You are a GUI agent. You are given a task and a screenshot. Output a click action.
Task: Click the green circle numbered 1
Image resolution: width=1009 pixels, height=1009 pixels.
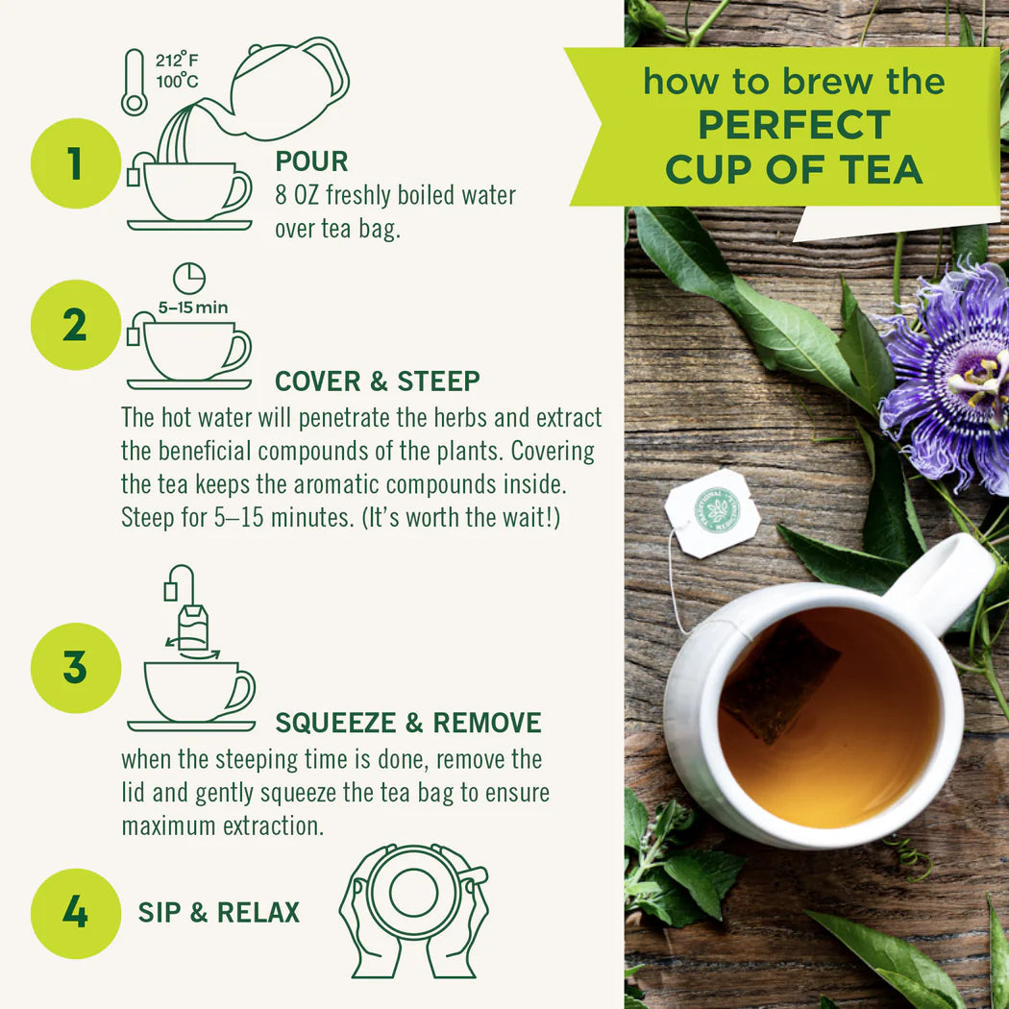[75, 163]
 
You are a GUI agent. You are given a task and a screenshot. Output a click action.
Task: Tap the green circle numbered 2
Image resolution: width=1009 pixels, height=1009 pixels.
[75, 325]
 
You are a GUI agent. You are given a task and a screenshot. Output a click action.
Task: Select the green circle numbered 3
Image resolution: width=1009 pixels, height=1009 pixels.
[75, 667]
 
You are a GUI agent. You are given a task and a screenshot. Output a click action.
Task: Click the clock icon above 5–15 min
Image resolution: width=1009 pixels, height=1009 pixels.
[189, 279]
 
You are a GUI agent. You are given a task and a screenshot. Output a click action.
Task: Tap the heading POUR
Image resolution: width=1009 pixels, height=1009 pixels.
[311, 160]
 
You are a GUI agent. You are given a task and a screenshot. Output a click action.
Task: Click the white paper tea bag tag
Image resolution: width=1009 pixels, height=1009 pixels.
[712, 513]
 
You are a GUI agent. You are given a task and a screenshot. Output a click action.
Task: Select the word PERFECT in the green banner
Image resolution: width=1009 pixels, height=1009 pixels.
[794, 125]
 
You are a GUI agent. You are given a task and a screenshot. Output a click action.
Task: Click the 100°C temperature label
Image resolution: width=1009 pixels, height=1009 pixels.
[178, 82]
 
